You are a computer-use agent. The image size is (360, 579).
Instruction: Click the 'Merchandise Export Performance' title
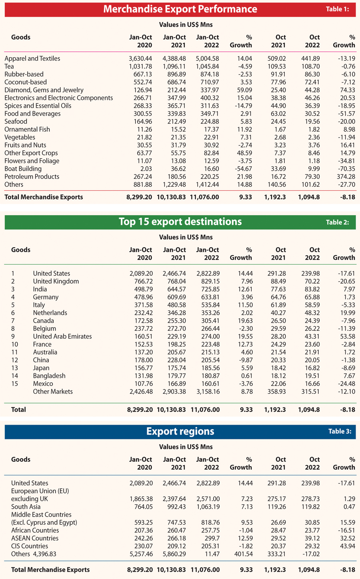pyautogui.click(x=180, y=9)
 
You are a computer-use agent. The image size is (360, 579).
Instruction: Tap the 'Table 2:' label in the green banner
pyautogui.click(x=337, y=222)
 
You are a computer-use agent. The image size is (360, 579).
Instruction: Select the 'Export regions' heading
pyautogui.click(x=180, y=431)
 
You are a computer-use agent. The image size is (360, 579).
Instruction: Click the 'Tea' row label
pyautogui.click(x=9, y=66)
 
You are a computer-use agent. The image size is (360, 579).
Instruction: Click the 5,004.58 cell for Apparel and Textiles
pyautogui.click(x=208, y=59)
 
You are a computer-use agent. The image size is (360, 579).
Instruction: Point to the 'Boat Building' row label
pyautogui.click(x=23, y=169)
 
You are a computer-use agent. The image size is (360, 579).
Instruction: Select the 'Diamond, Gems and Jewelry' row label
pyautogui.click(x=44, y=90)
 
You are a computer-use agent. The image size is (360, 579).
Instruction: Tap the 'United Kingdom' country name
pyautogui.click(x=56, y=281)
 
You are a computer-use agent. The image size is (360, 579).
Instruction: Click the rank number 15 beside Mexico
pyautogui.click(x=14, y=383)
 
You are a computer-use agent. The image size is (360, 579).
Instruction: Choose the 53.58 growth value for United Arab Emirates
pyautogui.click(x=348, y=336)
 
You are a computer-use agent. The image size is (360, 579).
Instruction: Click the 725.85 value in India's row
pyautogui.click(x=210, y=289)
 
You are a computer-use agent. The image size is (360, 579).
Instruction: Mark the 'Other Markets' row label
pyautogui.click(x=53, y=391)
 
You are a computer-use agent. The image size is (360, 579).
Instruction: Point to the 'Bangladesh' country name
pyautogui.click(x=49, y=376)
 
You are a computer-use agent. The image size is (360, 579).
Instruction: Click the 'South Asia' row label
pyautogui.click(x=26, y=507)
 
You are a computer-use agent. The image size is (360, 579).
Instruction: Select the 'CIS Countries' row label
pyautogui.click(x=30, y=546)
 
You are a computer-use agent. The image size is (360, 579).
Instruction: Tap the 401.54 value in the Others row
pyautogui.click(x=243, y=554)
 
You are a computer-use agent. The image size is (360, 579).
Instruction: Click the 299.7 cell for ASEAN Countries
pyautogui.click(x=212, y=538)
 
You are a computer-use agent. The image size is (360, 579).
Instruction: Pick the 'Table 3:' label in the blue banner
pyautogui.click(x=340, y=431)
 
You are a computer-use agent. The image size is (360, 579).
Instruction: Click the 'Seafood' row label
pyautogui.click(x=16, y=122)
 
